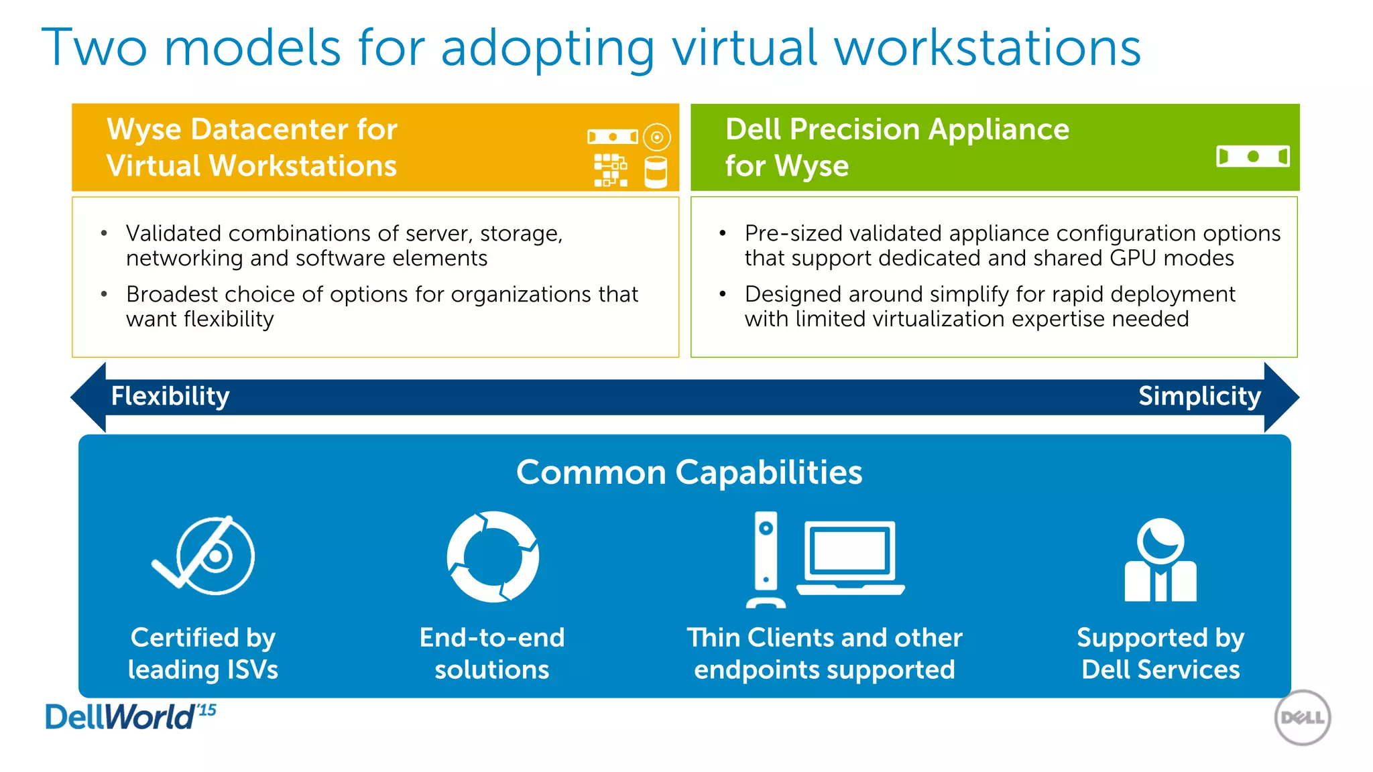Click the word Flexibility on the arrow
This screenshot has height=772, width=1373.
click(x=170, y=396)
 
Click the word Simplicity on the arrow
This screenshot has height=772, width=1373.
click(x=1199, y=396)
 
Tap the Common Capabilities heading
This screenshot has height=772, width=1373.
click(x=689, y=472)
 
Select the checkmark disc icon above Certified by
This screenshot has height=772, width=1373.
click(x=205, y=556)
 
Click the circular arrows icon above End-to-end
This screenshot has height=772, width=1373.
click(x=493, y=556)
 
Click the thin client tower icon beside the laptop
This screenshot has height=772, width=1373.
click(x=766, y=559)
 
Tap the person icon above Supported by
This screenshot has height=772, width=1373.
click(x=1160, y=560)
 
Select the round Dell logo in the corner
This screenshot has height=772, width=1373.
click(x=1302, y=718)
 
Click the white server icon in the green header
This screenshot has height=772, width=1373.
click(x=1252, y=157)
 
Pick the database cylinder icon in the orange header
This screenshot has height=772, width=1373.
click(x=656, y=172)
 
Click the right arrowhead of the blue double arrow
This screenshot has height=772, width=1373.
click(x=1281, y=397)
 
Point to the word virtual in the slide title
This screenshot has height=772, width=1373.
click(x=745, y=48)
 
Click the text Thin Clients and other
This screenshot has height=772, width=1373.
click(x=824, y=637)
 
